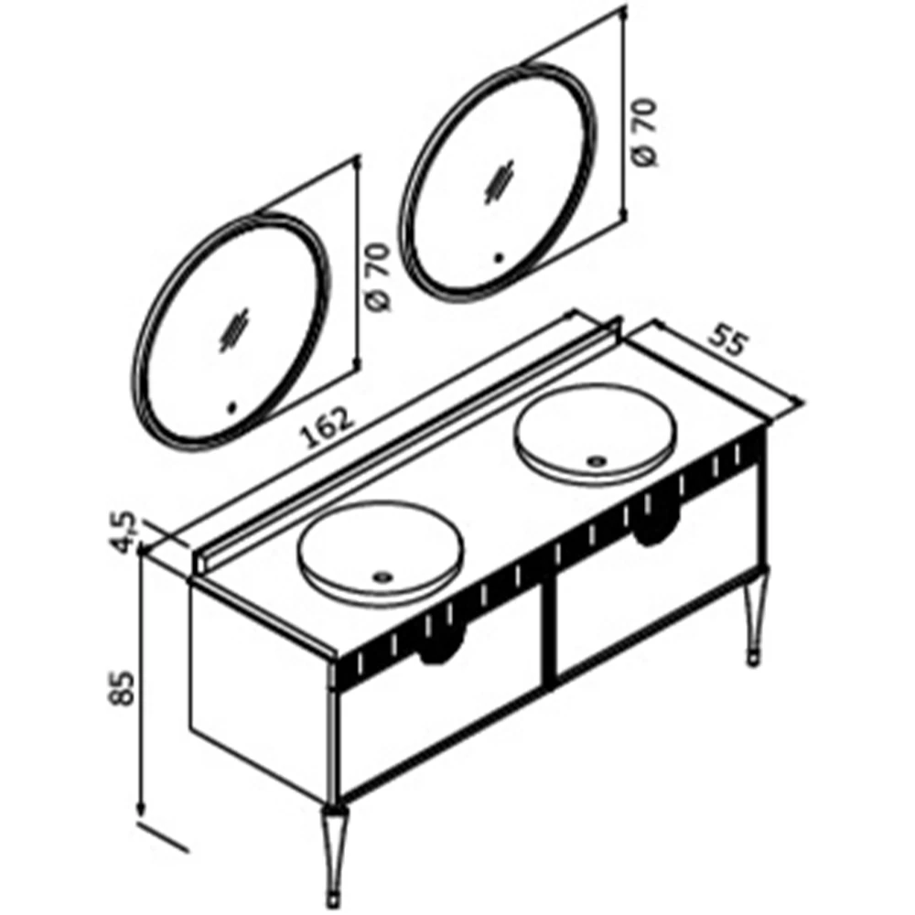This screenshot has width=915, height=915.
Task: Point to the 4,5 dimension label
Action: pyautogui.click(x=124, y=533)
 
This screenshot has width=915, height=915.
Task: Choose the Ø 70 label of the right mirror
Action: pyautogui.click(x=645, y=133)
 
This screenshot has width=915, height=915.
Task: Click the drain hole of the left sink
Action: pyautogui.click(x=382, y=577)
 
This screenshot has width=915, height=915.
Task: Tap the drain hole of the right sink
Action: pyautogui.click(x=597, y=461)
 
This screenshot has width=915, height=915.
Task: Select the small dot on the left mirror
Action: pyautogui.click(x=231, y=408)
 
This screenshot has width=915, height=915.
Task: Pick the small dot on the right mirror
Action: pyautogui.click(x=499, y=257)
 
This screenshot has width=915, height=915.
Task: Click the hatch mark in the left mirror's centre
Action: pyautogui.click(x=234, y=329)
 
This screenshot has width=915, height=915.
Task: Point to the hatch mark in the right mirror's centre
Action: pyautogui.click(x=501, y=181)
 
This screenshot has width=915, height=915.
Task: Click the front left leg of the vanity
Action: pyautogui.click(x=334, y=854)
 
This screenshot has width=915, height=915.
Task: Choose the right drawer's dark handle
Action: pyautogui.click(x=657, y=522)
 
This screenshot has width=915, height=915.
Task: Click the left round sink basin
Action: pyautogui.click(x=381, y=552)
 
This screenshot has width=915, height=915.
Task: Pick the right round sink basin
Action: pyautogui.click(x=596, y=435)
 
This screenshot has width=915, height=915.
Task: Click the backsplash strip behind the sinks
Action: pyautogui.click(x=407, y=446)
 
